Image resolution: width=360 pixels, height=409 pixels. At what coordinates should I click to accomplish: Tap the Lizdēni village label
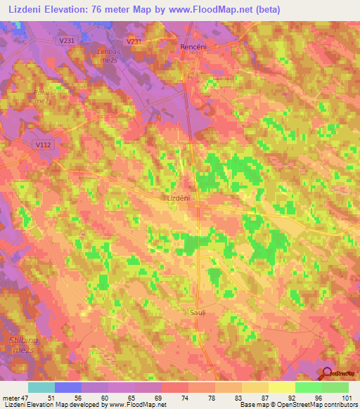point(184,199)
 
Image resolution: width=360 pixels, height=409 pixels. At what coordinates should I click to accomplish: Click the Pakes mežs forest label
point(43,97)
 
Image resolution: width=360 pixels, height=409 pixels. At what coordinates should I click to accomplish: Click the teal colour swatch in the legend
point(41,387)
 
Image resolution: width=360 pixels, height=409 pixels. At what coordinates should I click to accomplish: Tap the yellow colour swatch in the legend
point(282,387)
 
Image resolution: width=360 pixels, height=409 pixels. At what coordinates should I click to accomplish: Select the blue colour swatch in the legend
point(68,387)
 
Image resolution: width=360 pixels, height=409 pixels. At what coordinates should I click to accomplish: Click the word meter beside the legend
point(11,398)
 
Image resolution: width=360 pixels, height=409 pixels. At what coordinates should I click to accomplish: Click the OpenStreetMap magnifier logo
point(327,374)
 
